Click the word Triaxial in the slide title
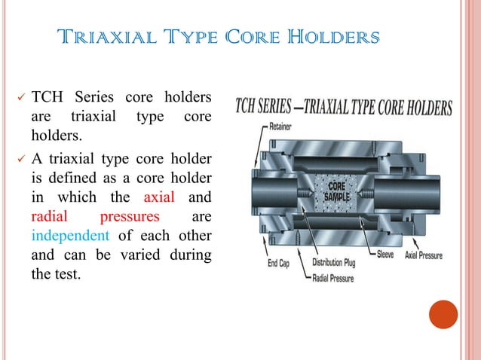[109, 37]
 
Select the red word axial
[159, 198]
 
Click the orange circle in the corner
[443, 315]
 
